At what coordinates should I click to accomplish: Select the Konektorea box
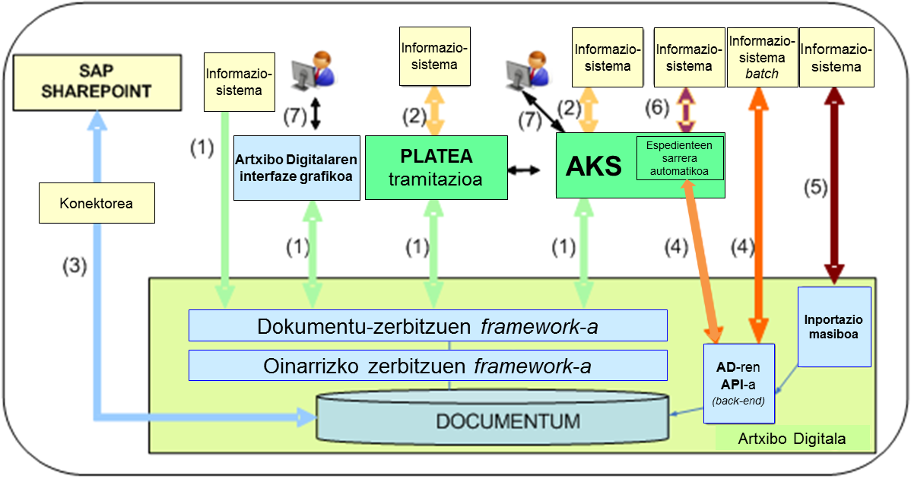click(x=97, y=203)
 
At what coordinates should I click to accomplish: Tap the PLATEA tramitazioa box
click(x=436, y=167)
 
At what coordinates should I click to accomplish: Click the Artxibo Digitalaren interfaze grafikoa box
click(x=297, y=168)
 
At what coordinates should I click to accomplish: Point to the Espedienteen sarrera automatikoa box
click(x=679, y=158)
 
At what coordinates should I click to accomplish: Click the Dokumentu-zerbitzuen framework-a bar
click(x=427, y=326)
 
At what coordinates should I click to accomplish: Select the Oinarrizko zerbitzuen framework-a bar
click(x=427, y=366)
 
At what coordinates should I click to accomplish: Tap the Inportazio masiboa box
click(x=834, y=326)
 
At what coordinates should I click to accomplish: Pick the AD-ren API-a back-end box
click(x=739, y=382)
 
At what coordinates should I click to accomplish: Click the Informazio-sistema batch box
click(x=762, y=56)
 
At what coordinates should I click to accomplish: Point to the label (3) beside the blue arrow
click(x=78, y=265)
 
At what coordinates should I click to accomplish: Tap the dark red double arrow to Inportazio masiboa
click(x=834, y=182)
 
